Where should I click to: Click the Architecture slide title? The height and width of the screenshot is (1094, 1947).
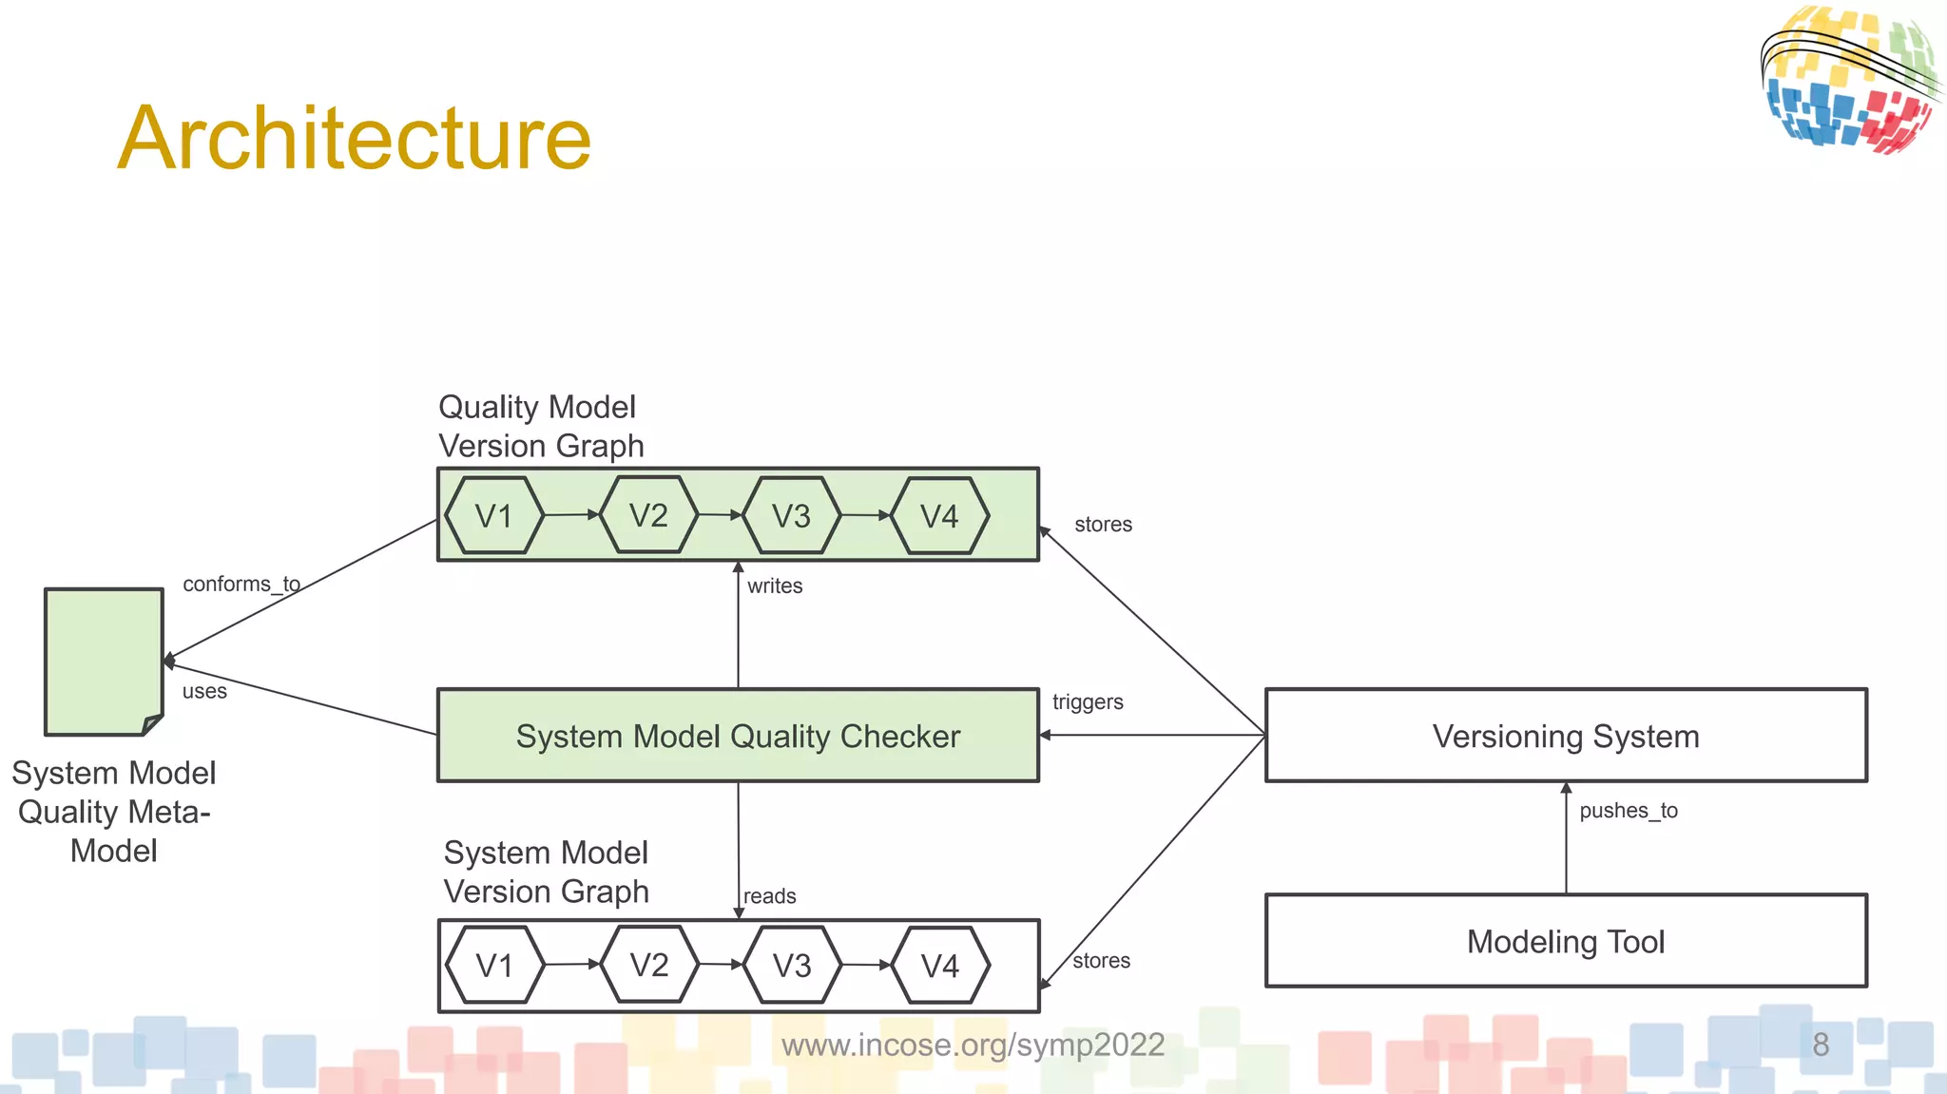(354, 139)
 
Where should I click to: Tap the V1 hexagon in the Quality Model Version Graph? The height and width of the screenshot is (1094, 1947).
(494, 516)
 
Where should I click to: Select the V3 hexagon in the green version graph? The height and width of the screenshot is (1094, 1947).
(791, 516)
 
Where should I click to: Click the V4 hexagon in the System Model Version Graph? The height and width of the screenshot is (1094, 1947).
(940, 966)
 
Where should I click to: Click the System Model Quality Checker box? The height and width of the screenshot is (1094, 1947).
(738, 736)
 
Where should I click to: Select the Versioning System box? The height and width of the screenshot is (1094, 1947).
(1566, 736)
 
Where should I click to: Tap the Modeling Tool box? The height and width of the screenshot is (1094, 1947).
(1566, 941)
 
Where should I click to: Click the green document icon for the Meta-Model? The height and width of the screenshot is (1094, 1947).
(103, 662)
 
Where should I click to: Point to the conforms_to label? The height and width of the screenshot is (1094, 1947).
(241, 584)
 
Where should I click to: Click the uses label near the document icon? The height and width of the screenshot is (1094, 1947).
(204, 691)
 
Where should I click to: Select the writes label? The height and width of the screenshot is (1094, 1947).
(775, 586)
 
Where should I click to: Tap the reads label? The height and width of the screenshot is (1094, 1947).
(770, 896)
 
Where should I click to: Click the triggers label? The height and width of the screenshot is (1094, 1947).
(1088, 702)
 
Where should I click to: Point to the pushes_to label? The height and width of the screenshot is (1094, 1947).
(1629, 811)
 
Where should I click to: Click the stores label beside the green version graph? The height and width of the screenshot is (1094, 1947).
(1103, 525)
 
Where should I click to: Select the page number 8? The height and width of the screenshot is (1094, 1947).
(1821, 1045)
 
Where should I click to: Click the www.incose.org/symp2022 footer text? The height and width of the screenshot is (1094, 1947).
(973, 1045)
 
